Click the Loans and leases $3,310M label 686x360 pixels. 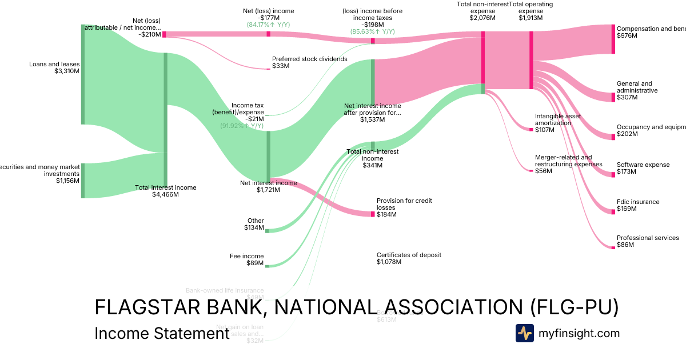pos(54,67)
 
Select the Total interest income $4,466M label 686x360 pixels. pos(165,191)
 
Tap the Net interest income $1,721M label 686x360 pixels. pos(268,186)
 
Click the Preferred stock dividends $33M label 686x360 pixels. pos(309,62)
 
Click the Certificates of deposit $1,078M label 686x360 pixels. pos(409,258)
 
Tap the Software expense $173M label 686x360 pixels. pos(643,168)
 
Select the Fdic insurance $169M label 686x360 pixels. pos(637,205)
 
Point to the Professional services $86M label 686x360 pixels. pos(647,241)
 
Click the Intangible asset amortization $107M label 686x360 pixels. pos(557,123)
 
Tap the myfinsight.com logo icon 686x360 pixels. pos(524,333)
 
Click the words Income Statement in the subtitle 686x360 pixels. pos(161,333)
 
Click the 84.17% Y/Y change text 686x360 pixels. pos(268,25)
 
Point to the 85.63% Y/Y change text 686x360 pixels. pos(373,32)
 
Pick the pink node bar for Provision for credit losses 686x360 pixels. pos(373,214)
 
